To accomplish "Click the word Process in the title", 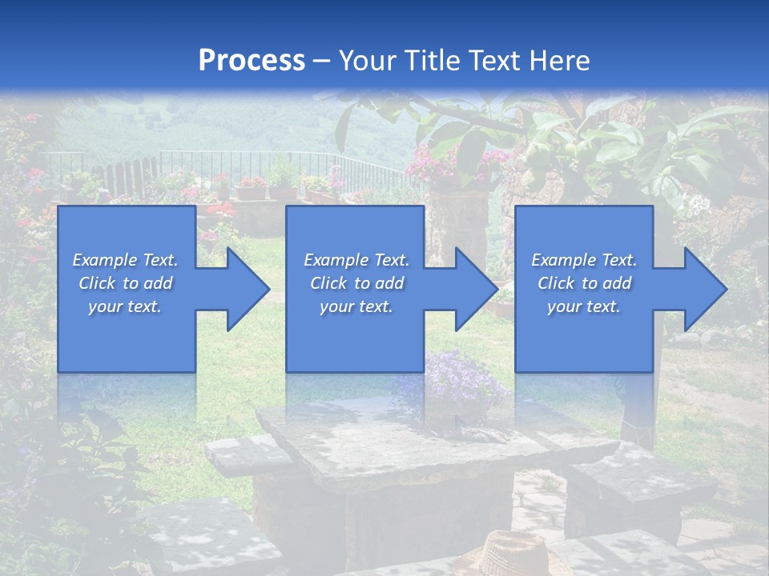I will (x=252, y=60).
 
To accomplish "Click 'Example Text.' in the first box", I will (x=126, y=260).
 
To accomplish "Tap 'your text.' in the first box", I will (x=126, y=306).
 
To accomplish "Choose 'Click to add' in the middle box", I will (x=356, y=283).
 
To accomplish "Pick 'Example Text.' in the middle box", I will (x=356, y=260).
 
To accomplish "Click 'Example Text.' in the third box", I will (x=584, y=260).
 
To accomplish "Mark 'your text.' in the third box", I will (x=584, y=306).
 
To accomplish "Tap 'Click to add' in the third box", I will (x=584, y=283).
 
